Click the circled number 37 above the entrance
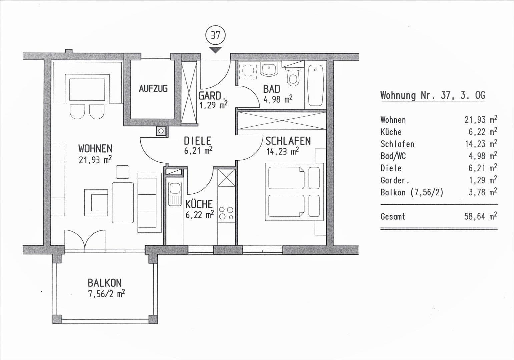click(216, 35)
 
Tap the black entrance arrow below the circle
click(216, 50)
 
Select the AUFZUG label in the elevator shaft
click(153, 89)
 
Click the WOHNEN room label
click(95, 148)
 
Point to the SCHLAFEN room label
click(288, 141)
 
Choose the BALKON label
click(104, 283)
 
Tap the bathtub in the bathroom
click(315, 85)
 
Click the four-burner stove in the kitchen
click(226, 213)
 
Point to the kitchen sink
click(174, 194)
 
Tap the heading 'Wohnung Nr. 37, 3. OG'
click(433, 95)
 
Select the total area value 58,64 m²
click(480, 216)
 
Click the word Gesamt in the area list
click(393, 217)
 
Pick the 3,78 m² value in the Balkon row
click(482, 192)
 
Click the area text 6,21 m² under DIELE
click(198, 151)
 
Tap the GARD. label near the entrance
click(210, 96)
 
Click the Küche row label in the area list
click(391, 132)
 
